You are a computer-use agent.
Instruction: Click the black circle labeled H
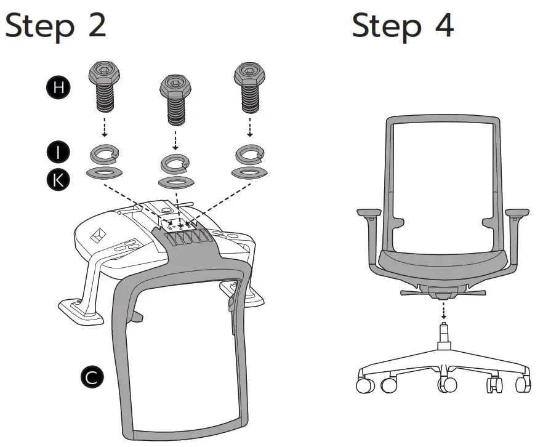[58, 87]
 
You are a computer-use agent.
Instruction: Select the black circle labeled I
[58, 151]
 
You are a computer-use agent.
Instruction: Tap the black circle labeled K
[58, 179]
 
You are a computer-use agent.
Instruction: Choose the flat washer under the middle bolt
[175, 183]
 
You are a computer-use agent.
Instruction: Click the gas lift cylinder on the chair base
[443, 336]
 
